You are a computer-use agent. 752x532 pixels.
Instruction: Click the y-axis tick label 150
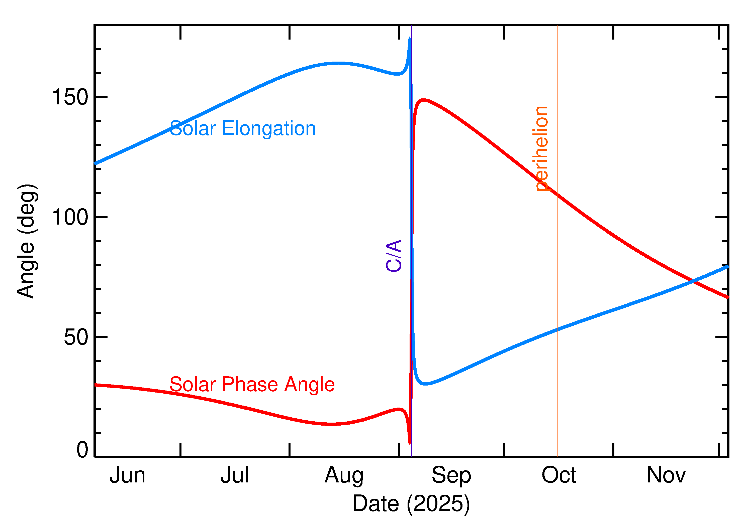(70, 97)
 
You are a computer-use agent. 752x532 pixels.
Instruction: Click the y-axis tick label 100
(70, 217)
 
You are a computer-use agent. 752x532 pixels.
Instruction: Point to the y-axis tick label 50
(76, 337)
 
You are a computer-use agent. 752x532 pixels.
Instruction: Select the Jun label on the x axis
(127, 475)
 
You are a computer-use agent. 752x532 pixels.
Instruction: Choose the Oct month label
(559, 475)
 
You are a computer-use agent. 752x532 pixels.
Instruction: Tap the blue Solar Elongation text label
(242, 128)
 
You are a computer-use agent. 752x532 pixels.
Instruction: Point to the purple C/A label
(394, 256)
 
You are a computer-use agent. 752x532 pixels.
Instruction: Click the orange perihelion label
(540, 149)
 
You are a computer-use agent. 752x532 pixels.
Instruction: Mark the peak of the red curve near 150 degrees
(423, 100)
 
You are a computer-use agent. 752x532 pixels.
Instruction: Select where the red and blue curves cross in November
(692, 281)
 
